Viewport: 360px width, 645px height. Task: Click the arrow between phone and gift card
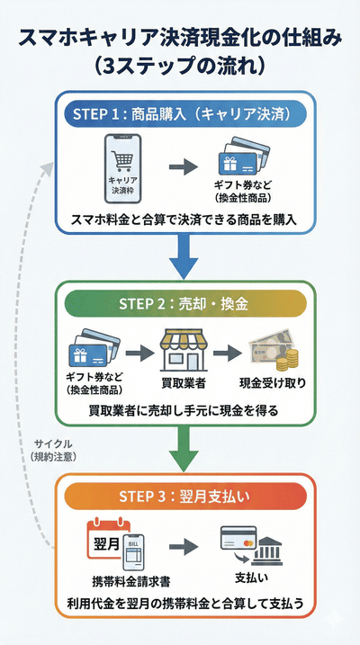pos(183,166)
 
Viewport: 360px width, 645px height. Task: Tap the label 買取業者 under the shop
pos(184,383)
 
